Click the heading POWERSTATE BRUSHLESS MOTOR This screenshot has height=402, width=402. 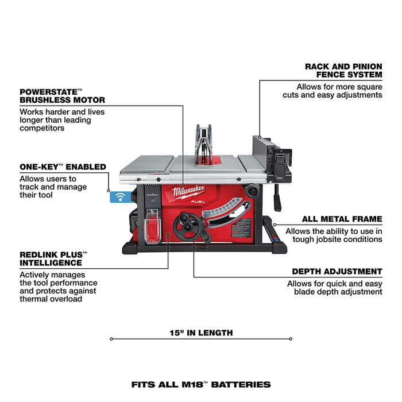point(62,95)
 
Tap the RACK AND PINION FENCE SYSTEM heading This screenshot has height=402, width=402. point(343,71)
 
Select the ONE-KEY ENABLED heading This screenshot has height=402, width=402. point(63,167)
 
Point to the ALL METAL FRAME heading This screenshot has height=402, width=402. point(342,219)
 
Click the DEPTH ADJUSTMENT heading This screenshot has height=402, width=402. point(337,271)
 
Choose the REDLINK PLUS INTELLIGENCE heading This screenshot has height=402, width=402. point(53,258)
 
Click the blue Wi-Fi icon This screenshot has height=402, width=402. point(120,196)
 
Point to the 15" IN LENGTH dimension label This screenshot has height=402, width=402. point(201,333)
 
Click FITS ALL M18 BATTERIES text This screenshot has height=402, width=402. point(201,384)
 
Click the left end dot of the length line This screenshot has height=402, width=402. point(111,339)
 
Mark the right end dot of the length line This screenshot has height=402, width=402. point(291,339)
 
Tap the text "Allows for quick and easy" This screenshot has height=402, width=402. point(335,283)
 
